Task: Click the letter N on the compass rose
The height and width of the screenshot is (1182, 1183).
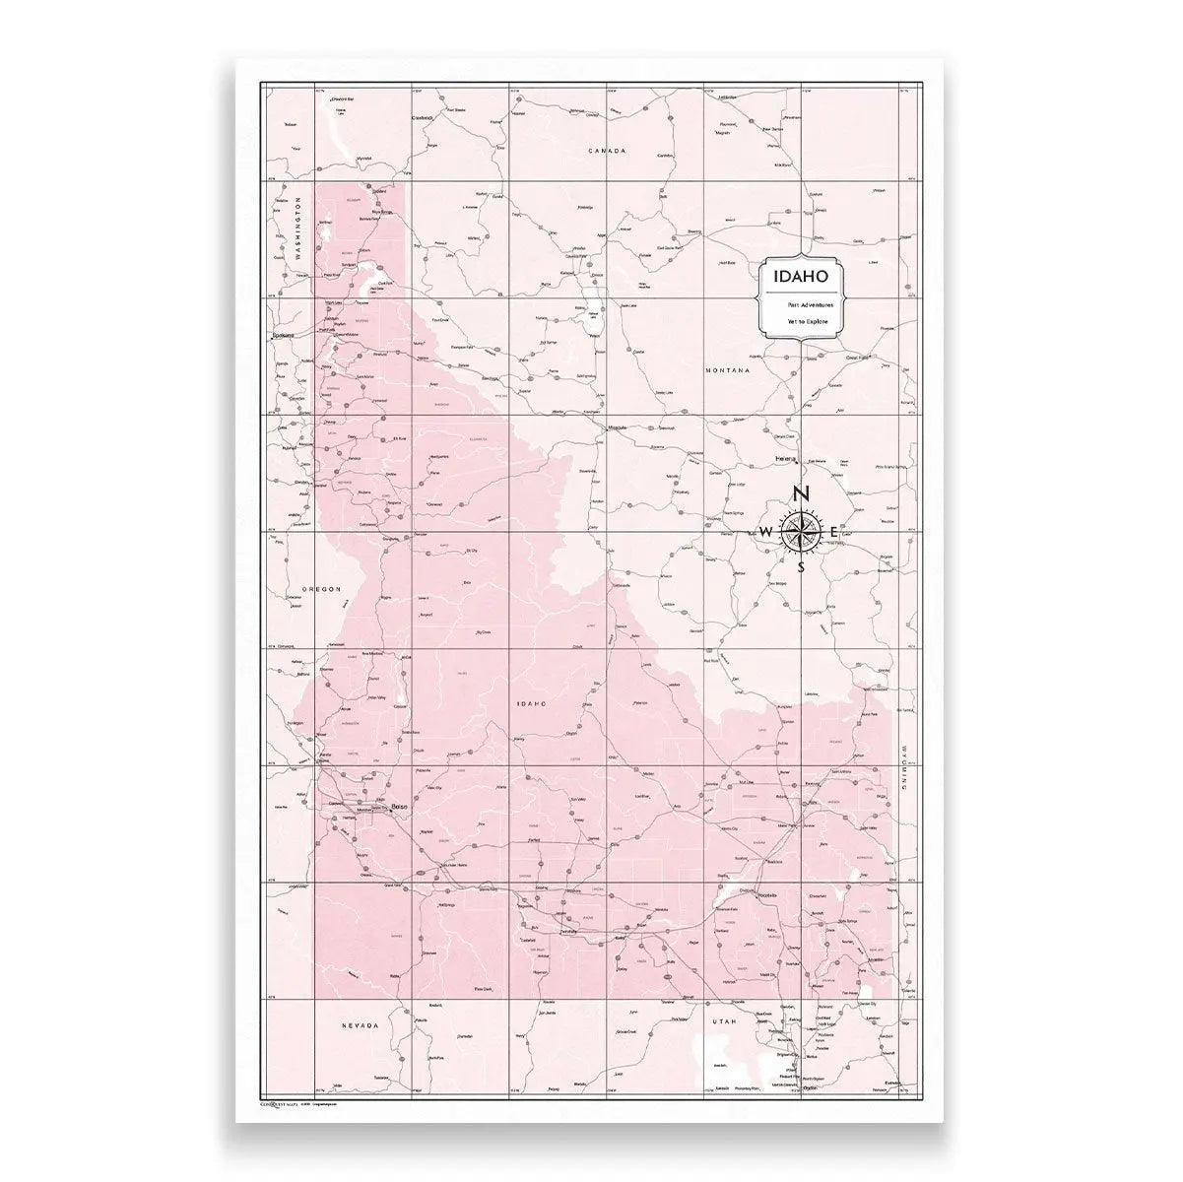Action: pos(802,494)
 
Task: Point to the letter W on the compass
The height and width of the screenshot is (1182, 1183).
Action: pos(766,533)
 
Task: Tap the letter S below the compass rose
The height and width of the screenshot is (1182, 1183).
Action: pos(802,566)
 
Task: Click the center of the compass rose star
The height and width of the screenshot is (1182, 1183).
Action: pos(801,532)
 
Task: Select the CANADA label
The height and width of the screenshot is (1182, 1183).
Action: pos(607,151)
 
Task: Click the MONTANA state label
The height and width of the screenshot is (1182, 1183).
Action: pos(728,370)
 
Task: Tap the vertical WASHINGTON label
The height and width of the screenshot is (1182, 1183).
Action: pos(296,228)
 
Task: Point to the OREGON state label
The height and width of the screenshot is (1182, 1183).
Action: pos(321,589)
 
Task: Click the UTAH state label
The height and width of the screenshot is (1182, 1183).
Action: pos(725,1021)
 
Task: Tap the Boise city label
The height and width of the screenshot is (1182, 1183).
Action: pos(399,809)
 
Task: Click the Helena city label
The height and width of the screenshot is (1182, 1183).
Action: pos(785,459)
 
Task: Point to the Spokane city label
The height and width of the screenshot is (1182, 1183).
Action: pos(282,336)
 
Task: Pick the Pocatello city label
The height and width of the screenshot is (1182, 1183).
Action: pos(765,893)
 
